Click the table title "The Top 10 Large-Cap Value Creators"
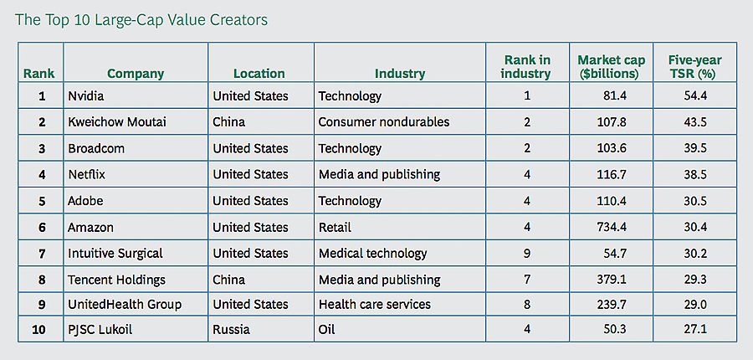point(141,19)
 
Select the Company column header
point(136,73)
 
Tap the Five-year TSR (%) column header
point(694,66)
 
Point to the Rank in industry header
point(526,66)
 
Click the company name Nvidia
point(86,95)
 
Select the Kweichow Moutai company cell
point(117,121)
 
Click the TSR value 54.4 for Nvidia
point(694,95)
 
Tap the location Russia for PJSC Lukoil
point(231,329)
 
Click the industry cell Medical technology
point(372,253)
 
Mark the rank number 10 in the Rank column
point(39,329)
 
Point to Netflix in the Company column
point(86,174)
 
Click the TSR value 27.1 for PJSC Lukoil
point(694,329)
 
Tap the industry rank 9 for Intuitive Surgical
point(527,253)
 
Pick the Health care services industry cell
point(374,304)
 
